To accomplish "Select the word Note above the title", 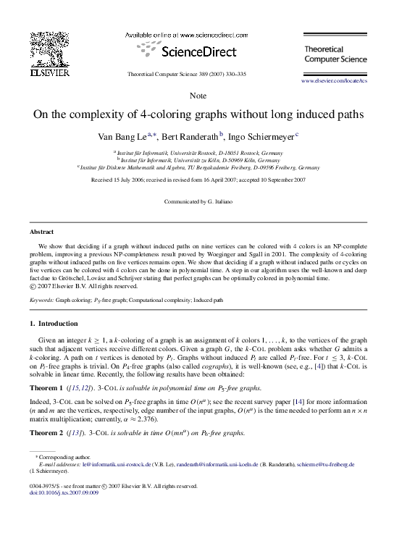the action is pos(197,96).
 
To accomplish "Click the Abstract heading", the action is pos(41,232).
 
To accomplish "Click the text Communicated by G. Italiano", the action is pos(197,201).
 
